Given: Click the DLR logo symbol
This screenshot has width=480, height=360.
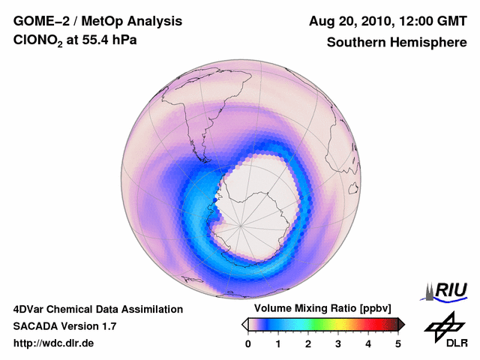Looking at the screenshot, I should click(x=442, y=325).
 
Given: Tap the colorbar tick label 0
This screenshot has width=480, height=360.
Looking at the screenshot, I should click(x=248, y=344).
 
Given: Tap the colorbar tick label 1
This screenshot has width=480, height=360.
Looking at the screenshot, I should click(x=278, y=344).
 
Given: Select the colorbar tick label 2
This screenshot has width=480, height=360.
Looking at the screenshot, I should click(x=308, y=344).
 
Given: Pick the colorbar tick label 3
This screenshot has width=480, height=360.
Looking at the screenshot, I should click(x=338, y=344).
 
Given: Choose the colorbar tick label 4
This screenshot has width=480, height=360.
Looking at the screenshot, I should click(x=368, y=344).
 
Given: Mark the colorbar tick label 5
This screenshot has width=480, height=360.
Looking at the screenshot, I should click(x=398, y=344).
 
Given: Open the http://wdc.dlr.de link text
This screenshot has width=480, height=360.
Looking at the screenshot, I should click(x=54, y=343).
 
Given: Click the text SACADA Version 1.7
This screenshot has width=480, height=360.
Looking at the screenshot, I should click(x=64, y=326).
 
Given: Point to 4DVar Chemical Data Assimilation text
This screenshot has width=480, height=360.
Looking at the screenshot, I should click(x=97, y=309).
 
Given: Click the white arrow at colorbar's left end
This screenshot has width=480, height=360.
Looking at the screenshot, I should click(x=244, y=324).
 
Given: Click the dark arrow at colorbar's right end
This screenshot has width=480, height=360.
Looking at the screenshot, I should click(x=402, y=324).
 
